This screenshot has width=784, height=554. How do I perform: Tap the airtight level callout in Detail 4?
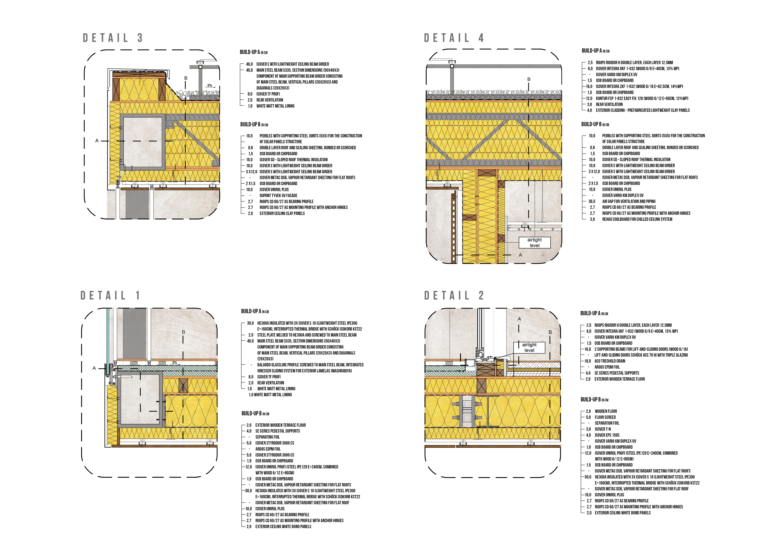(534, 243)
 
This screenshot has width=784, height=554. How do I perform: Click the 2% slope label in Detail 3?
(209, 85)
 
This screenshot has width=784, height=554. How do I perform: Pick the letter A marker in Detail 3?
(97, 141)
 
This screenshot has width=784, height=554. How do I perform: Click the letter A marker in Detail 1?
(94, 368)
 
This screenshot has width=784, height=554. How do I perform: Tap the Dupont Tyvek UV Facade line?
(278, 196)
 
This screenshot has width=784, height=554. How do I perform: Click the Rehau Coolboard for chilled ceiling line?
(637, 219)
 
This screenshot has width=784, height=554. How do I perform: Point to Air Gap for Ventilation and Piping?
(629, 201)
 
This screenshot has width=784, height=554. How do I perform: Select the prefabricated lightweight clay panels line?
(643, 110)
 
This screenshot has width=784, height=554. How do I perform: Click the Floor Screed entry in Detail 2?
(605, 417)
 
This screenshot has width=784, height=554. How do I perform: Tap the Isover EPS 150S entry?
(607, 435)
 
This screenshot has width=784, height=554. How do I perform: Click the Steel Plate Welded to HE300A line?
(307, 335)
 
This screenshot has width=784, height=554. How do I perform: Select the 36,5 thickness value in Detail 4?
(592, 201)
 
